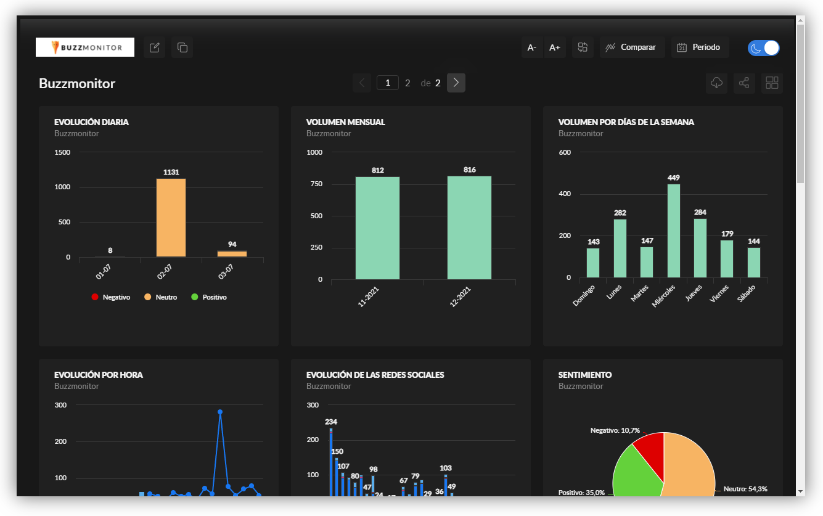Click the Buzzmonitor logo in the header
(x=85, y=47)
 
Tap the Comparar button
(x=632, y=47)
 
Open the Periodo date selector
(x=700, y=47)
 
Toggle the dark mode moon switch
(x=763, y=48)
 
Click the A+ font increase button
(x=554, y=47)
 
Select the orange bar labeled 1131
(x=171, y=218)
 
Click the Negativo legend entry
(x=110, y=297)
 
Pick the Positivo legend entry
(x=209, y=297)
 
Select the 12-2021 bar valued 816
(x=469, y=228)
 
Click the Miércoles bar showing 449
(x=673, y=231)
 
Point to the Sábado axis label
(x=746, y=293)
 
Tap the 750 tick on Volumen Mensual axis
(x=316, y=184)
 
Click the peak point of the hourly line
(x=220, y=412)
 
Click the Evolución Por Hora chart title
(x=99, y=375)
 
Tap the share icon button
(x=744, y=83)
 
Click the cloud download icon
(x=716, y=83)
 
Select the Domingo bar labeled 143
(x=593, y=263)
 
